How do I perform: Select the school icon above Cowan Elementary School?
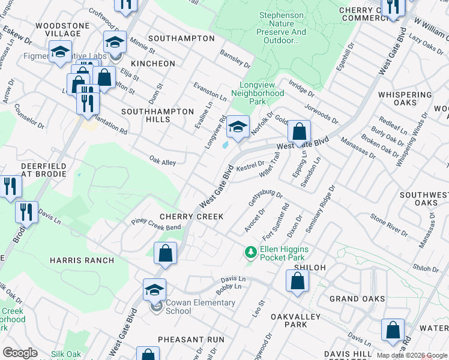[154, 290]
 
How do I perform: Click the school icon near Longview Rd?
[238, 127]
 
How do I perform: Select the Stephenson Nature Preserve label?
[282, 28]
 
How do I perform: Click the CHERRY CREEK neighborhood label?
[191, 217]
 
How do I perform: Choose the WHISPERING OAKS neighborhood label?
[405, 99]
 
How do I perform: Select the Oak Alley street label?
[162, 162]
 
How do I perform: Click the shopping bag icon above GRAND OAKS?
[297, 281]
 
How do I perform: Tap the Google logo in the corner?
[20, 353]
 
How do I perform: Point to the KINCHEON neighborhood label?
[154, 64]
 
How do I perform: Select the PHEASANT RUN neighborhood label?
[191, 340]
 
